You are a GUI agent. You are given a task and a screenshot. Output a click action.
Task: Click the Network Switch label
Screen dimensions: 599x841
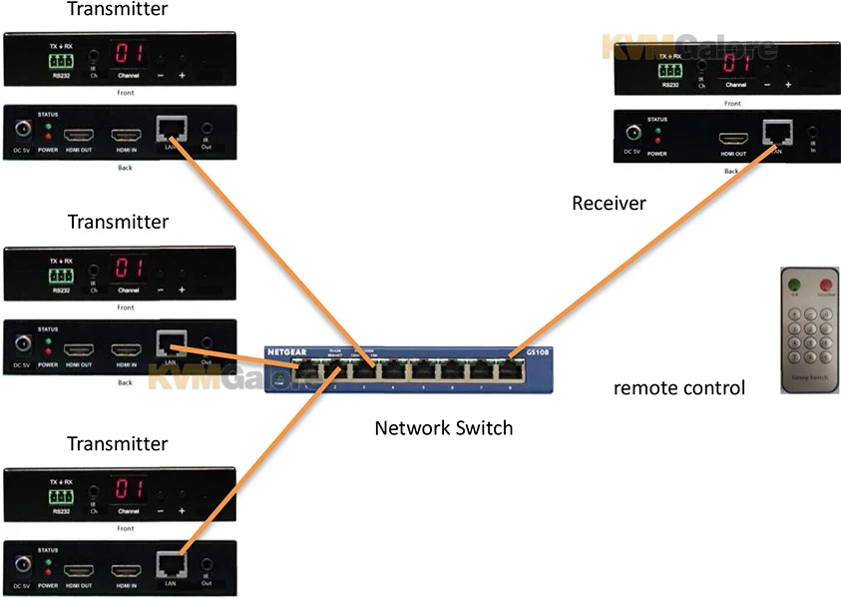coord(443,428)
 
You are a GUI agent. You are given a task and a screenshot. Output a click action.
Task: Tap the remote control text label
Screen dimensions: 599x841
coord(678,387)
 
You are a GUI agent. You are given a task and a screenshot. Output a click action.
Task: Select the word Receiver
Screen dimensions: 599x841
coord(609,204)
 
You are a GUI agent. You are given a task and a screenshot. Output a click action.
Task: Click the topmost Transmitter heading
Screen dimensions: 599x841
coord(118,10)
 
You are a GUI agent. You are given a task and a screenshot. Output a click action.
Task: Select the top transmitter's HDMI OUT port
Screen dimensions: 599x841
coord(78,133)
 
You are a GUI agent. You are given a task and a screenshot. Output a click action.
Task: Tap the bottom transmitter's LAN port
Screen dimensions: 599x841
coord(171,562)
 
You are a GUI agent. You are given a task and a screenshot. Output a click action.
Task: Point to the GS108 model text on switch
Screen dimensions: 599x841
coord(523,352)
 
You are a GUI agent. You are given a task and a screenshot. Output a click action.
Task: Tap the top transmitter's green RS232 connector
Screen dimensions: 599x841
coord(61,60)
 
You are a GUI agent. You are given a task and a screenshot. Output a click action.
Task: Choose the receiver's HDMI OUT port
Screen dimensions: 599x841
coord(733,140)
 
